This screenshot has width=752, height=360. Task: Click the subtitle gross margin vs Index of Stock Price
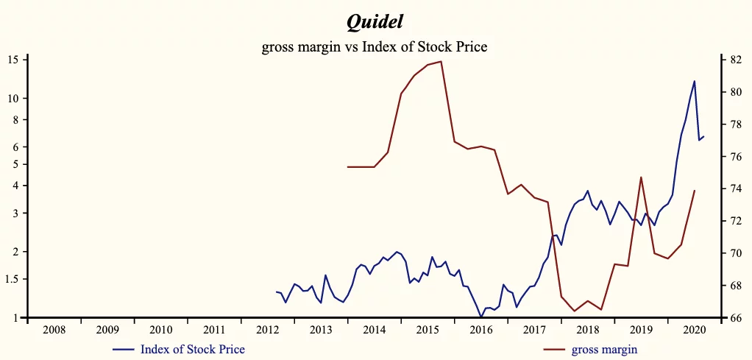pos(375,47)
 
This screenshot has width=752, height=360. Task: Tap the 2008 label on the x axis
pos(54,330)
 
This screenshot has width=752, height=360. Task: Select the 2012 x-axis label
pos(268,330)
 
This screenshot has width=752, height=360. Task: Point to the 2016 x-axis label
pos(481,330)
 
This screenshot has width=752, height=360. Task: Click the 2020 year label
pos(694,330)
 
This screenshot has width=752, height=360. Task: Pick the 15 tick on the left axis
pos(14,60)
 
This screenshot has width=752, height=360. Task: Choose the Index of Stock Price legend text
pos(193,349)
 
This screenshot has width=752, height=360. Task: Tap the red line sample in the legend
pos(556,349)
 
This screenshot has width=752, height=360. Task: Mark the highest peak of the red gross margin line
pos(440,62)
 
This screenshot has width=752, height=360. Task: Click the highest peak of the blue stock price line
pos(695,81)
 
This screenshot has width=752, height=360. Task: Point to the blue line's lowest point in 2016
pos(481,317)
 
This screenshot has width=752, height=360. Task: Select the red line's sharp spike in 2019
pos(641,177)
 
